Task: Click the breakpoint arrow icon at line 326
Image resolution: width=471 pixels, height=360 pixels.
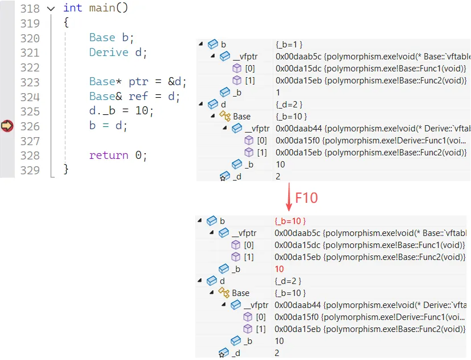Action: [x=7, y=126]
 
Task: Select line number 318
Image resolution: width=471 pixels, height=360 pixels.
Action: [x=30, y=8]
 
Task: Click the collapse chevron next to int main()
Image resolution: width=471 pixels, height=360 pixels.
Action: [x=51, y=9]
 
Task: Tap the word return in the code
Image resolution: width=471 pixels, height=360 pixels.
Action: [x=108, y=155]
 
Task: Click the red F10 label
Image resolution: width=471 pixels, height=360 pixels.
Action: [x=307, y=198]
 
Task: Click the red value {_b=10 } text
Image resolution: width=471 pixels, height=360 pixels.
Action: [x=290, y=221]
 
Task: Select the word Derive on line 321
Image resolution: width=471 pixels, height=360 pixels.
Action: [x=108, y=53]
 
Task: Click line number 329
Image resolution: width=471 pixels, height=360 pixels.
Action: [x=30, y=170]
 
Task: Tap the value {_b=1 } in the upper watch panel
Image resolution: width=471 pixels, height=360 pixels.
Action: [x=289, y=44]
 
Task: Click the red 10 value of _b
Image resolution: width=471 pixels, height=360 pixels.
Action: [x=279, y=269]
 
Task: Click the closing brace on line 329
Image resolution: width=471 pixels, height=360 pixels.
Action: [x=66, y=169]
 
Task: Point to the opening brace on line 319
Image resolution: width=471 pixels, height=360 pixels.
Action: [x=66, y=23]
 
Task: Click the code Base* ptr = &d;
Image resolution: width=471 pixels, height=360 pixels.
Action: [x=138, y=82]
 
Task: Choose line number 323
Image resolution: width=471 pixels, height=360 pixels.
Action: [x=30, y=82]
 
